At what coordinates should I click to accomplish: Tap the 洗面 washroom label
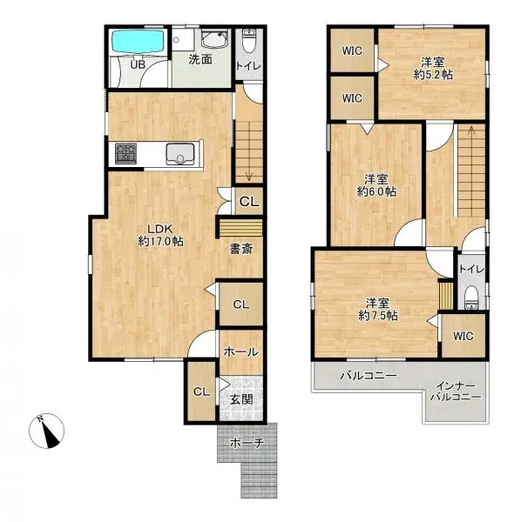pos(201,60)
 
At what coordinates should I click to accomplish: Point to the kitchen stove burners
pos(124,153)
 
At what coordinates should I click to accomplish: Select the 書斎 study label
pos(240,249)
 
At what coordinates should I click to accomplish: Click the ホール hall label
pos(240,351)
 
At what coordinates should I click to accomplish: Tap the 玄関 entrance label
pos(240,400)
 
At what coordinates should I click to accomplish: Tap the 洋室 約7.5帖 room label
pos(378,309)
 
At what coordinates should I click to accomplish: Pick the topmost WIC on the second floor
pos(352,50)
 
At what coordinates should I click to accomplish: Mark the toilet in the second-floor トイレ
pos(471,297)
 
